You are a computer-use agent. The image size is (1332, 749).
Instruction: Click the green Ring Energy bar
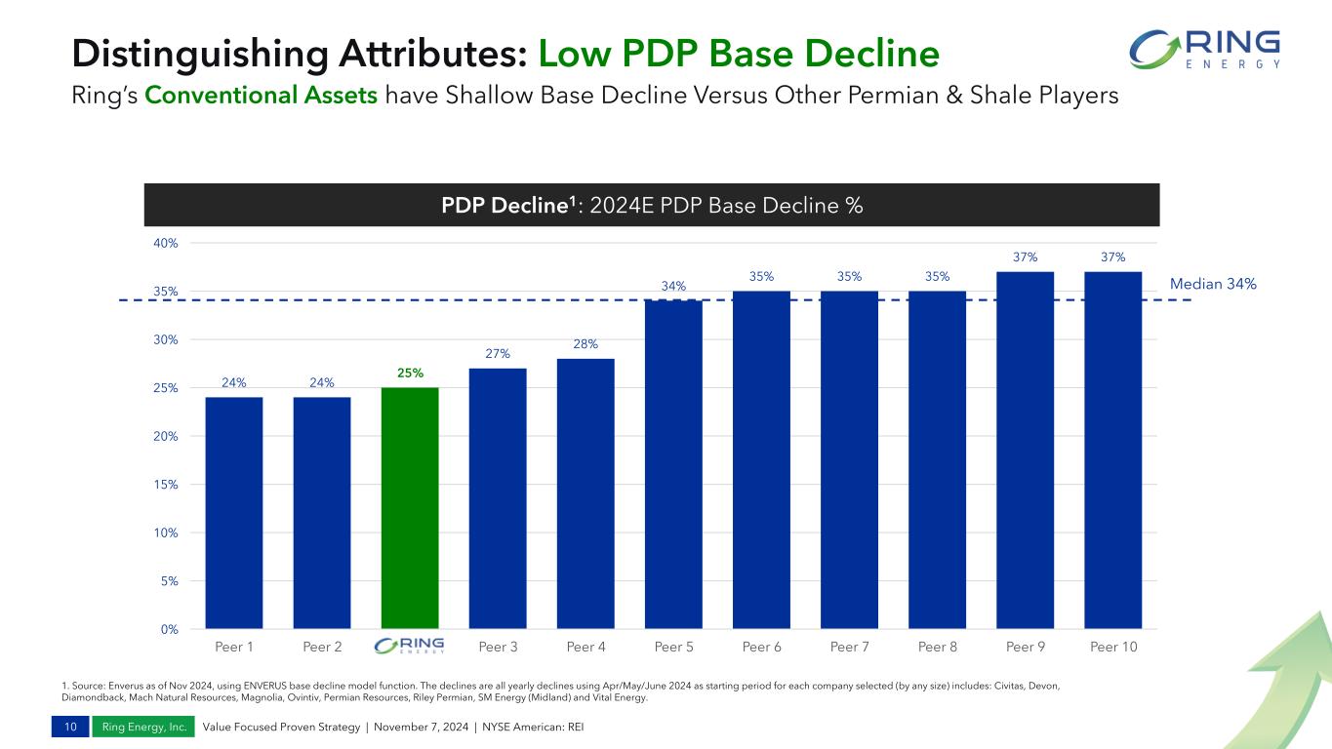tap(410, 507)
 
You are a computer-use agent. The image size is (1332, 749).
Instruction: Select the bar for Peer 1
tap(234, 512)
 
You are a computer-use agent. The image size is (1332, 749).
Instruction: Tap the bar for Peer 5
tap(673, 463)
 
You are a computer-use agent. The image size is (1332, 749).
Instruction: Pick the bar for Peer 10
tap(1112, 449)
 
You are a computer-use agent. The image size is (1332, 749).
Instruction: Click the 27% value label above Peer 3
tap(497, 354)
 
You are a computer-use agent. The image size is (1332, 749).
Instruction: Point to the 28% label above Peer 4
tap(585, 344)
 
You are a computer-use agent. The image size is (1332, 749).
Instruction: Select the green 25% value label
tap(410, 374)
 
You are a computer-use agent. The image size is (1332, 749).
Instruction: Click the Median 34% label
tap(1213, 284)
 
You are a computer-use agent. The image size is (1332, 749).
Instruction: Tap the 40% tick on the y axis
tap(166, 243)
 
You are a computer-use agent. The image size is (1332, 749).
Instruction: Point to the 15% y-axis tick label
tap(166, 485)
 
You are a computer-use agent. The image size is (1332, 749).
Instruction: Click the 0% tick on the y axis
tap(168, 629)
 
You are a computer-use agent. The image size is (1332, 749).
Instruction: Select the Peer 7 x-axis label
tap(849, 647)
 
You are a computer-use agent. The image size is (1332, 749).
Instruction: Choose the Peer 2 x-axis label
tap(322, 647)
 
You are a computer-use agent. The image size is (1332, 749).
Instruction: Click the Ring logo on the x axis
tap(410, 647)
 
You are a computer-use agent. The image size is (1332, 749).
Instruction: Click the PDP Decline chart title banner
tap(652, 206)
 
